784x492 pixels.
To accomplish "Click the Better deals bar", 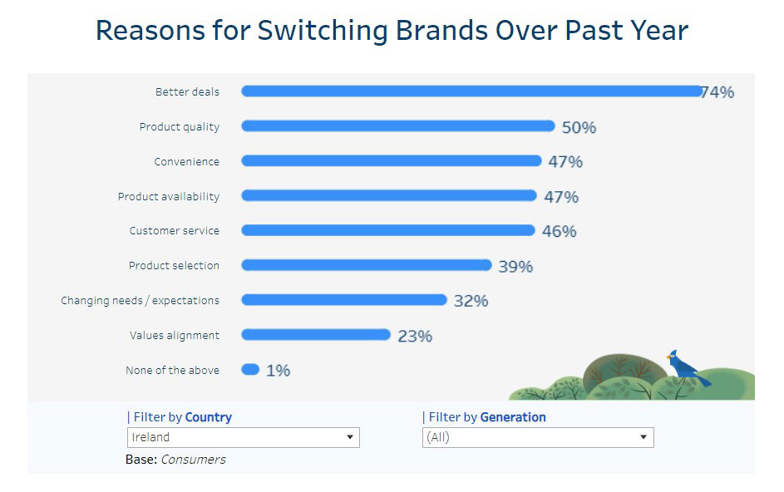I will [471, 91].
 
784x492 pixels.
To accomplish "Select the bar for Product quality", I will [398, 126].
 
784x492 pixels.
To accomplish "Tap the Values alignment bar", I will [316, 335].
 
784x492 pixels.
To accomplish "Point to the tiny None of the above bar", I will [250, 369].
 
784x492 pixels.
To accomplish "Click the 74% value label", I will [717, 92].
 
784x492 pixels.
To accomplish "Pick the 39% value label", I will [515, 267].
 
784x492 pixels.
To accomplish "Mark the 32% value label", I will [471, 301].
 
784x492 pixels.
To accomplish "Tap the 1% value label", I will [278, 371].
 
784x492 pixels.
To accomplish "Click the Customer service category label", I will [175, 231].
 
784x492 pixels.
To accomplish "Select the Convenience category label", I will [187, 161].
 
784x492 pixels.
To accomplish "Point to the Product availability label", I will [169, 196].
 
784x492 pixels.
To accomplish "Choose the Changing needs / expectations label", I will [141, 300].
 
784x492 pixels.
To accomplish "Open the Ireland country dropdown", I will [243, 437].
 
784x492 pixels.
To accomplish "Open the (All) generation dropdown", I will [537, 437].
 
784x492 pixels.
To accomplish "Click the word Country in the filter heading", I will [208, 417].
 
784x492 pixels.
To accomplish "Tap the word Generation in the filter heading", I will [513, 417].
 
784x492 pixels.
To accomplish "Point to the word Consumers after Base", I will [193, 460].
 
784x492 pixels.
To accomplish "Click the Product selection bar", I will [367, 265].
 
